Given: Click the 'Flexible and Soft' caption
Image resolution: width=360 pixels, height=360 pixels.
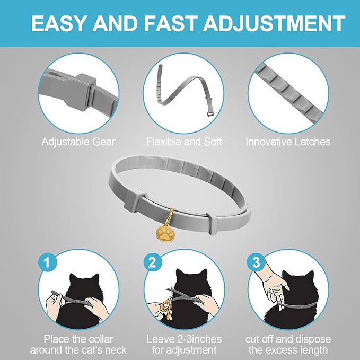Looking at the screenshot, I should [x=184, y=142].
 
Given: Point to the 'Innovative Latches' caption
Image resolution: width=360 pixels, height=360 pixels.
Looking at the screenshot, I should [x=288, y=142].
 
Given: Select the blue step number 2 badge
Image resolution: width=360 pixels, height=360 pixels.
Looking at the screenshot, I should [x=152, y=262].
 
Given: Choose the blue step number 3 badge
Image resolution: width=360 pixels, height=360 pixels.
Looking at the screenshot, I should [x=257, y=262].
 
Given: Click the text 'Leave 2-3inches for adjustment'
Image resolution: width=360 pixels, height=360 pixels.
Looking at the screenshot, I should [x=183, y=344].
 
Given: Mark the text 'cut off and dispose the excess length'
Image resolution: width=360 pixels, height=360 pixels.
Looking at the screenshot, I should [x=288, y=344].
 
